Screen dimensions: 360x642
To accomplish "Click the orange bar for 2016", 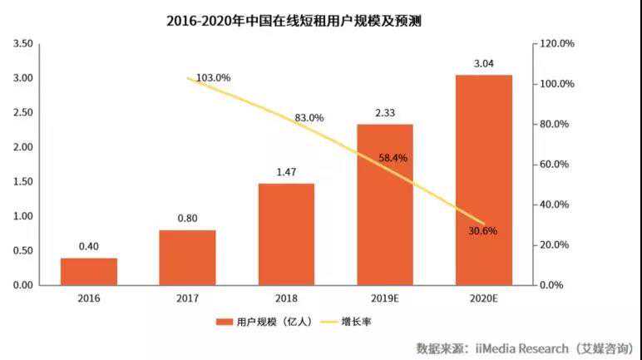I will (89, 271).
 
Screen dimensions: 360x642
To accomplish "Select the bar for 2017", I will (187, 257).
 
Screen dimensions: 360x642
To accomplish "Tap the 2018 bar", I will (286, 234).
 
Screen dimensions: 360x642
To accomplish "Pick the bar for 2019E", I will (384, 205).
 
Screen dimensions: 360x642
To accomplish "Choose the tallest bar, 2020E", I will (483, 180).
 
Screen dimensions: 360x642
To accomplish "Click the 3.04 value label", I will (483, 62).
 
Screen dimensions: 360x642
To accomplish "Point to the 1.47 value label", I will (286, 171).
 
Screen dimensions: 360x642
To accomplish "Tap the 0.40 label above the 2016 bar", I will (89, 245).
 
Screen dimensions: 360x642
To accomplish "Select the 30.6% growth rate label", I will (482, 231).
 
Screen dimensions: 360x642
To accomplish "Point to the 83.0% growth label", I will (309, 118).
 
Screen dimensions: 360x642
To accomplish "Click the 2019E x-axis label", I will (384, 298).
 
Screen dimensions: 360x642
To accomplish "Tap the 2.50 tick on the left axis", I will (22, 112).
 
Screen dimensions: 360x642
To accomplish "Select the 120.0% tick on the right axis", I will (552, 44).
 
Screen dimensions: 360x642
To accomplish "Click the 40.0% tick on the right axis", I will (552, 205).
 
